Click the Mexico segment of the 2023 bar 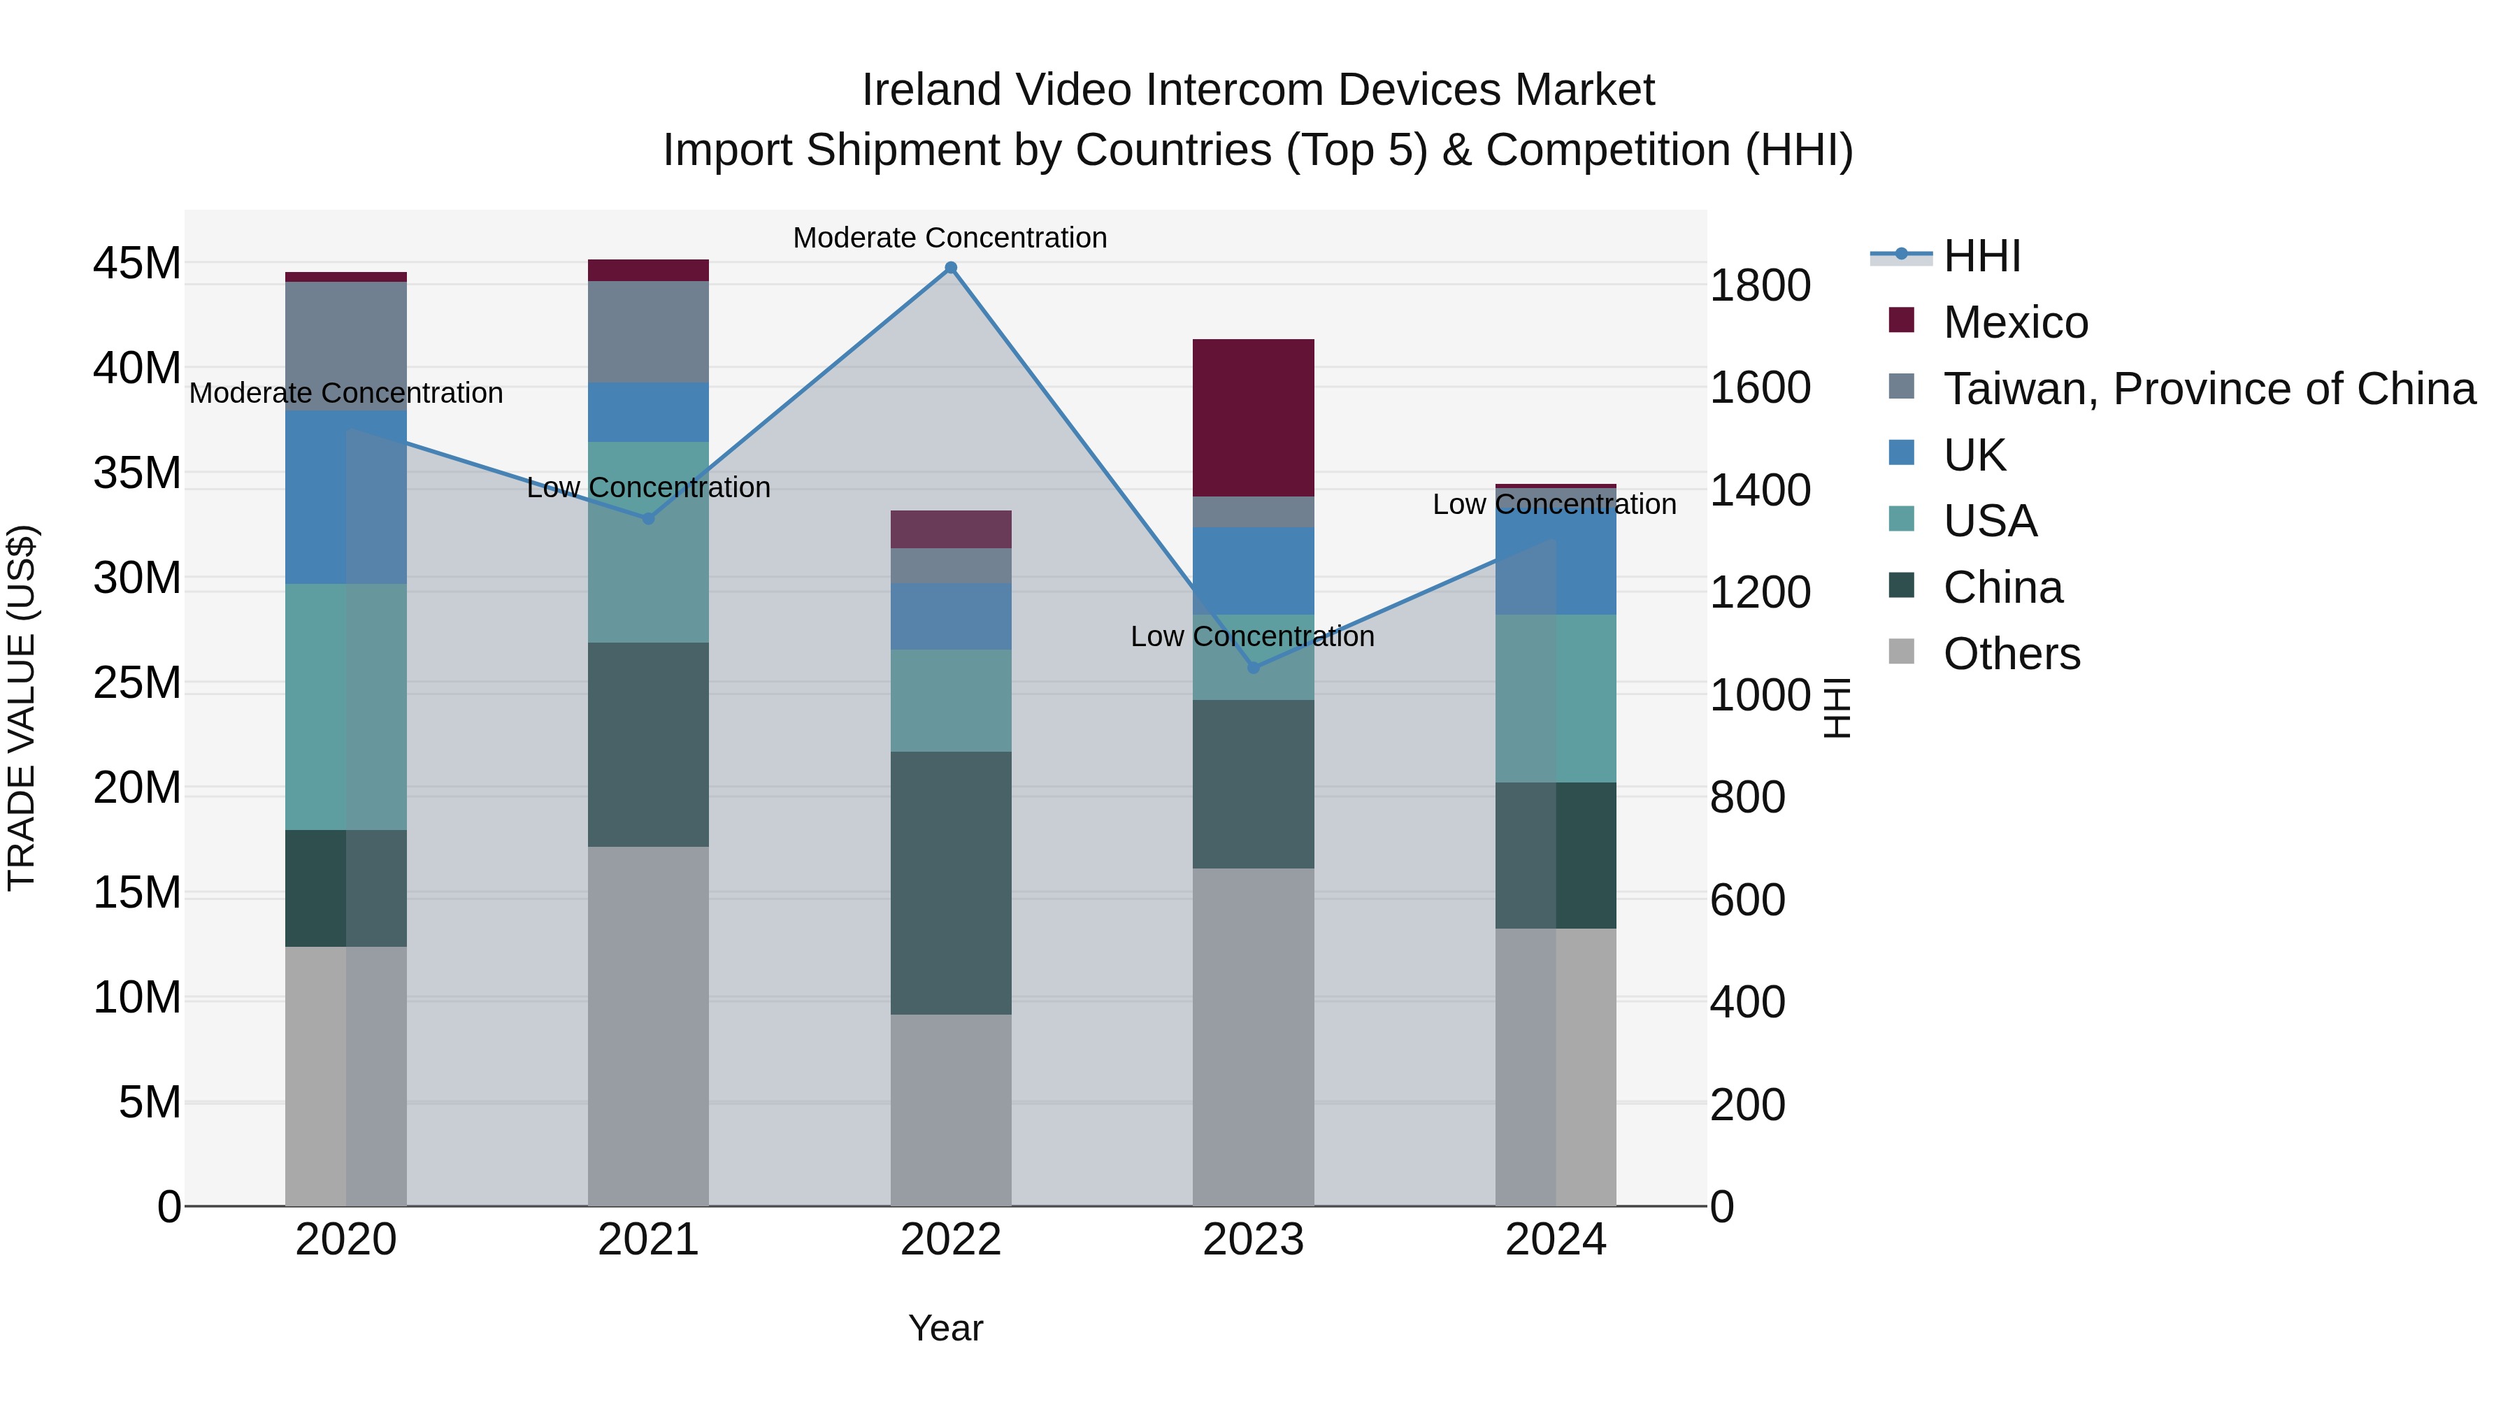point(1253,417)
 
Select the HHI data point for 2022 point(951,268)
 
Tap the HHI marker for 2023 point(1254,668)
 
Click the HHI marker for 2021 point(648,518)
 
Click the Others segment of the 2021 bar point(648,1026)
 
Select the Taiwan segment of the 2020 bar point(346,346)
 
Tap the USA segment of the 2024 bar point(1556,698)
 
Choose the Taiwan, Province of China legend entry point(2208,389)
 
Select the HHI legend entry point(1981,256)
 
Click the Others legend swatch point(1902,652)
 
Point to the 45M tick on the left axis point(137,264)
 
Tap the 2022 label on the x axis point(951,1240)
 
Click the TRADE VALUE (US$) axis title point(22,708)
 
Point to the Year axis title point(945,1328)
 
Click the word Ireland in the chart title point(931,90)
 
